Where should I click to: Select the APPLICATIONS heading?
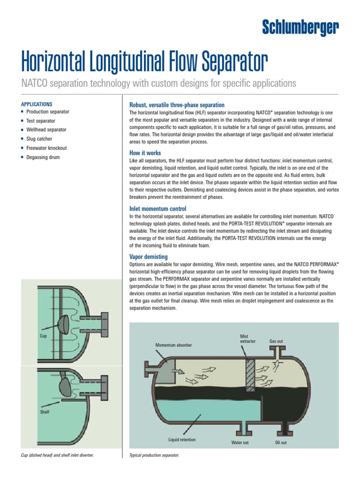(x=37, y=104)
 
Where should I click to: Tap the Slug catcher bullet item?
(x=39, y=139)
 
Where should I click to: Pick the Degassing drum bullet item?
(x=43, y=157)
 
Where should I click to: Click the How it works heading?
(x=145, y=153)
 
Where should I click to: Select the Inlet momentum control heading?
(x=157, y=209)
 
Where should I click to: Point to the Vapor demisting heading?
(x=149, y=256)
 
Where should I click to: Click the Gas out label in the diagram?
(x=276, y=341)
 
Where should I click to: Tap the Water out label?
(x=240, y=442)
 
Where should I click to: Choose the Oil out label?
(x=281, y=442)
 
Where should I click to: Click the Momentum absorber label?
(x=173, y=345)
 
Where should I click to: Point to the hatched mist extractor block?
(x=250, y=375)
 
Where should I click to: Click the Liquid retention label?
(x=182, y=440)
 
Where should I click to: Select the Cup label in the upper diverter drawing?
(x=44, y=336)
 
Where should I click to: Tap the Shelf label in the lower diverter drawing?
(x=45, y=412)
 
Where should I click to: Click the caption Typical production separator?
(x=154, y=455)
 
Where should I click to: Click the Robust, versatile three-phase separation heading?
(x=177, y=105)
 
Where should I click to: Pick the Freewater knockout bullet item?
(x=46, y=148)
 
